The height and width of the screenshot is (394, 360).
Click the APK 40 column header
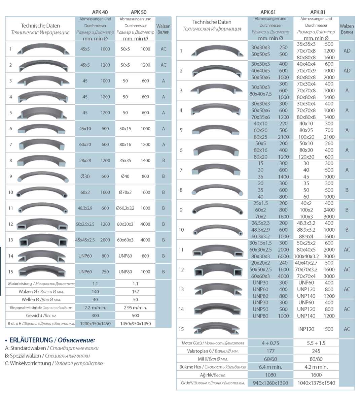pyautogui.click(x=100, y=12)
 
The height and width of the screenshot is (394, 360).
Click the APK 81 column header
pyautogui.click(x=318, y=12)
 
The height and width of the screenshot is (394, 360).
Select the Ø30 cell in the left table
pyautogui.click(x=85, y=176)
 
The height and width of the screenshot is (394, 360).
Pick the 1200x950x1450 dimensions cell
pyautogui.click(x=95, y=324)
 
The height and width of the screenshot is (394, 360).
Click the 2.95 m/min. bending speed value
pyautogui.click(x=135, y=307)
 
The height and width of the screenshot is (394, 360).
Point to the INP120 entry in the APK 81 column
pyautogui.click(x=306, y=329)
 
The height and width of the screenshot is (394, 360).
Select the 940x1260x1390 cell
pyautogui.click(x=271, y=383)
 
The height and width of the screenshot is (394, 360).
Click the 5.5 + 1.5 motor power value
pyautogui.click(x=316, y=343)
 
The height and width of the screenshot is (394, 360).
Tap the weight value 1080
pyautogui.click(x=271, y=375)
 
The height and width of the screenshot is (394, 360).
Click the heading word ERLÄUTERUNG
pyautogui.click(x=31, y=340)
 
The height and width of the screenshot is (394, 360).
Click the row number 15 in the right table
pyautogui.click(x=181, y=329)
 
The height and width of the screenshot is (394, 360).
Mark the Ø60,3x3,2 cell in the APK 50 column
pyautogui.click(x=125, y=208)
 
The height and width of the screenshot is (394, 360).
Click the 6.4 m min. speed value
pyautogui.click(x=271, y=367)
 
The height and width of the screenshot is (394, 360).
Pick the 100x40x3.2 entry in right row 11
pyautogui.click(x=306, y=256)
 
